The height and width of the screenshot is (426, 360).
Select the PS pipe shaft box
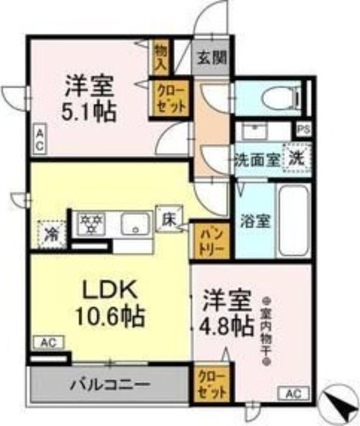tap(303, 129)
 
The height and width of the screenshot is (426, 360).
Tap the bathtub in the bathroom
tap(293, 220)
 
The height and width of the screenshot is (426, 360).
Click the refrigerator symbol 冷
tap(52, 233)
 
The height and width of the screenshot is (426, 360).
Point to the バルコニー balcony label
tap(108, 384)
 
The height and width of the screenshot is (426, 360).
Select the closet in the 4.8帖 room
tap(211, 384)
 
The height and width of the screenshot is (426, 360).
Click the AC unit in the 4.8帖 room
tap(291, 394)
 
